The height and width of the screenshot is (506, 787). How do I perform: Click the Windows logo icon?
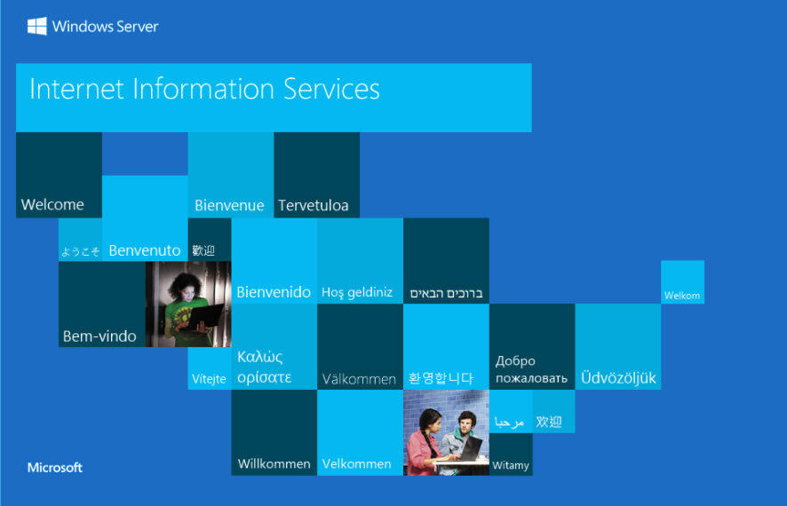coord(36,26)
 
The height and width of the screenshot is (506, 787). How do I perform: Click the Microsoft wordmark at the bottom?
coord(55,468)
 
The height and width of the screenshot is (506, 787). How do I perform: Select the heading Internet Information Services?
coord(204,89)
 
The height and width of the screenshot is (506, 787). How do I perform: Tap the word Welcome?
coord(52,204)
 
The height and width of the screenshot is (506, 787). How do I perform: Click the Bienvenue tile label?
coord(229,205)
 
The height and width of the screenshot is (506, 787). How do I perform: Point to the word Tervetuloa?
coord(314,205)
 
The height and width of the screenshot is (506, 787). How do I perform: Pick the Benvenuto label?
coord(145,250)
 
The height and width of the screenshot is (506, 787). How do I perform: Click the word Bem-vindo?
coord(99,336)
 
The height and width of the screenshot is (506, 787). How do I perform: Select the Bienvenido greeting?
coord(274,292)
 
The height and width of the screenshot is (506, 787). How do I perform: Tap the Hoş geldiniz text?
coord(357,292)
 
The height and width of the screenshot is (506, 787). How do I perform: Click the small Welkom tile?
coord(682,281)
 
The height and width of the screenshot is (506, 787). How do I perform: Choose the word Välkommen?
coord(359,379)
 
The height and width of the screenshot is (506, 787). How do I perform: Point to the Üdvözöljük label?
coord(618,377)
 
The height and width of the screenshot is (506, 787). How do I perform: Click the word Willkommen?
coord(274,464)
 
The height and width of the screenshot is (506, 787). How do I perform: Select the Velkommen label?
coord(356,464)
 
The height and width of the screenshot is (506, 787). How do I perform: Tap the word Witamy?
coord(511,465)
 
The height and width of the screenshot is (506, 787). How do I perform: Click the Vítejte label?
coord(209,379)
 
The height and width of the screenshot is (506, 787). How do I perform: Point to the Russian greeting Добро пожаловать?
coord(531,369)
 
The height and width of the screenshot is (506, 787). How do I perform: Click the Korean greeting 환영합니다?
coord(441,378)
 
